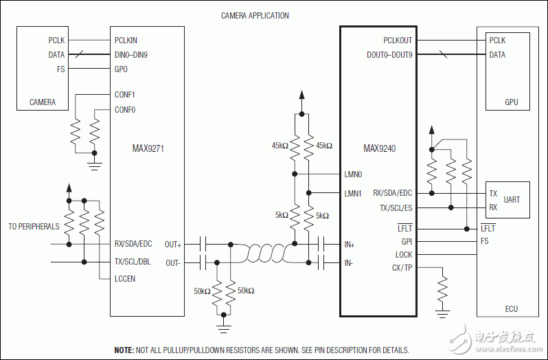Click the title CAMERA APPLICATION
click(x=255, y=15)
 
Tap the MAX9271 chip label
click(x=148, y=148)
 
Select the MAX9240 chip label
click(x=379, y=148)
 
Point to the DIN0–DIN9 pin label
click(x=131, y=55)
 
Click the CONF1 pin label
click(x=125, y=95)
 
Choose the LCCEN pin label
click(x=125, y=278)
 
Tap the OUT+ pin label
click(x=173, y=244)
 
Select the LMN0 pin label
click(x=352, y=175)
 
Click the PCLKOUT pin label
click(x=397, y=41)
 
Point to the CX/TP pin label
click(x=402, y=268)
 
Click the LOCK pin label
click(x=403, y=255)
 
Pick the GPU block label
click(x=512, y=102)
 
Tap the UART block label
click(x=512, y=200)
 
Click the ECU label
click(x=512, y=308)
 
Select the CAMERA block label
click(x=43, y=102)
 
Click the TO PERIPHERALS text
click(x=34, y=226)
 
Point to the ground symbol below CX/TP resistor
click(x=442, y=313)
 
